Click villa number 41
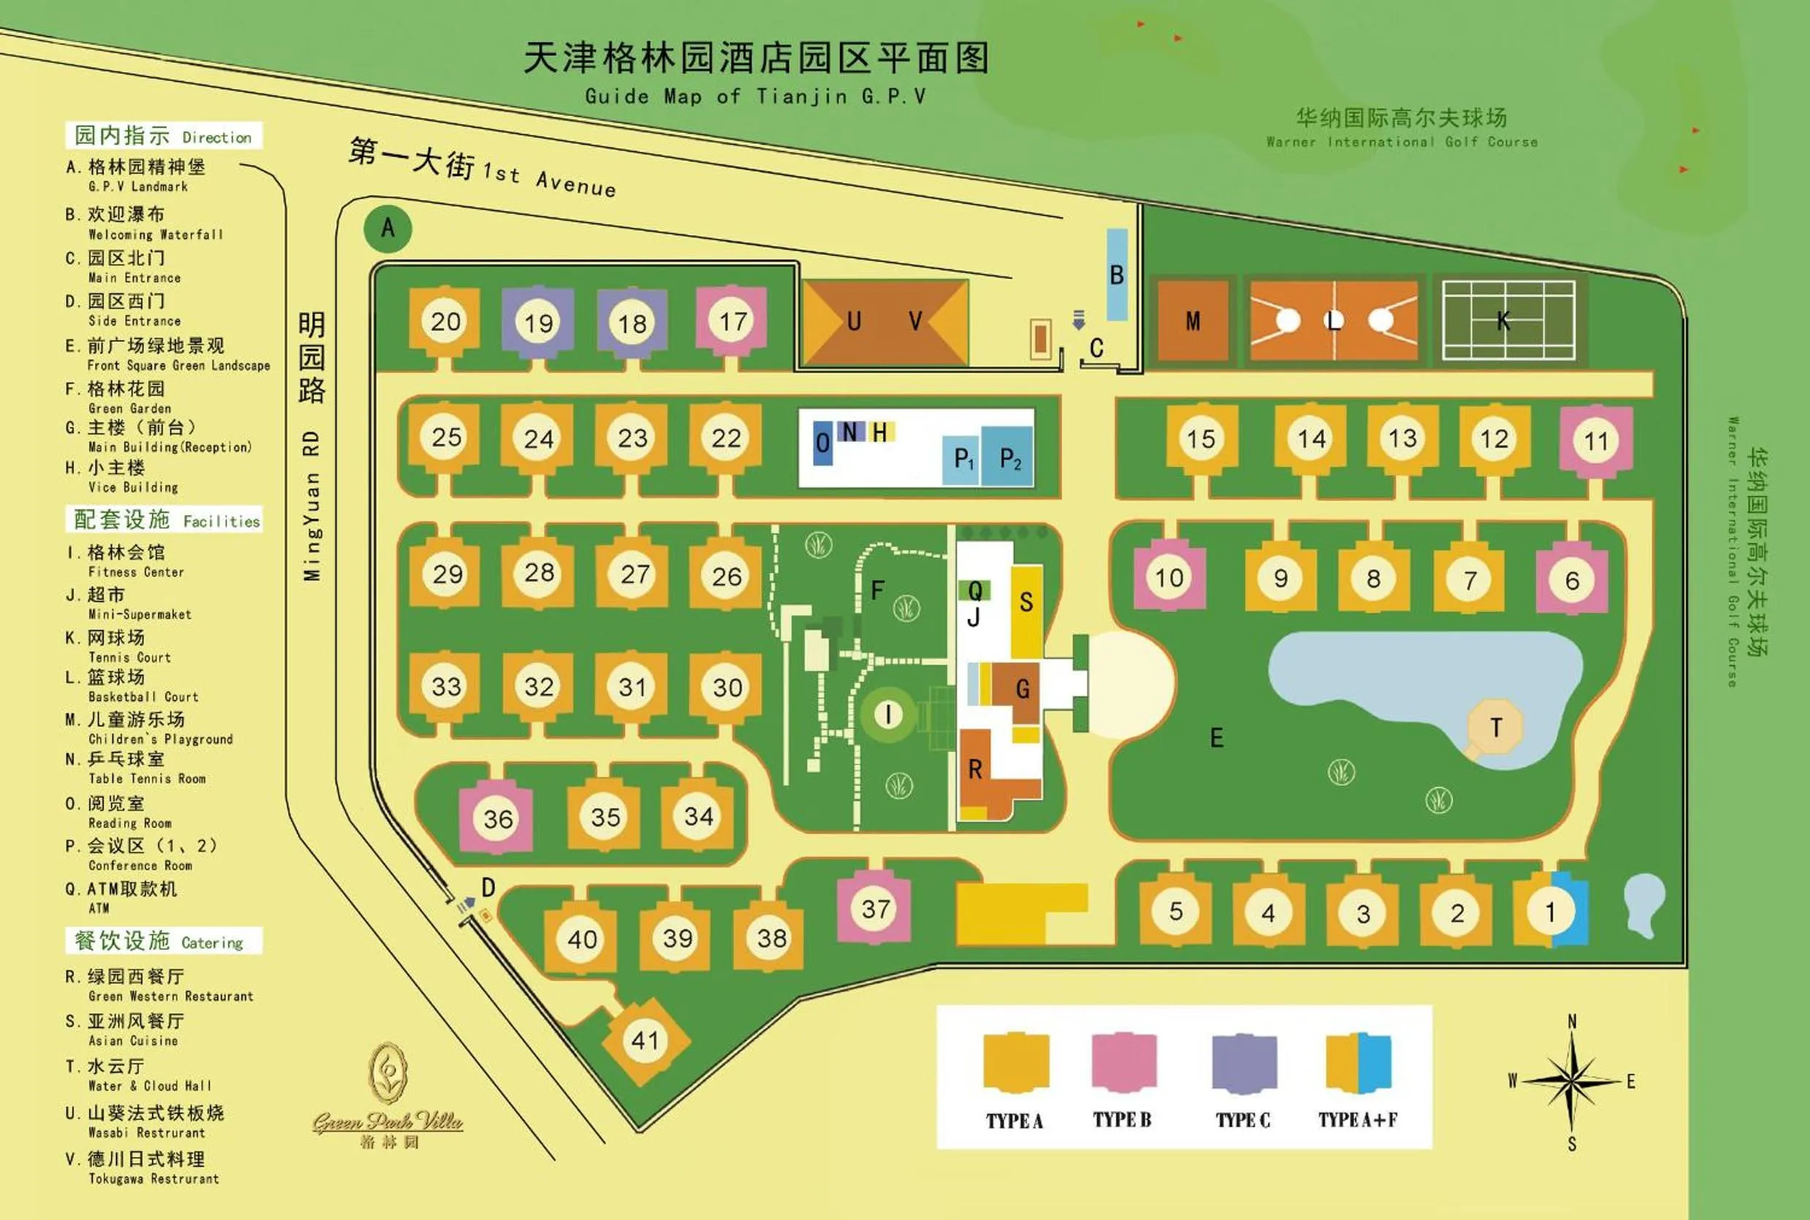(x=645, y=1040)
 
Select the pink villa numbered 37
(x=875, y=909)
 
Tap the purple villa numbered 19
(x=537, y=322)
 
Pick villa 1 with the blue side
(x=1551, y=911)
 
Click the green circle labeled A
(x=388, y=228)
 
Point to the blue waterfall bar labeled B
(x=1116, y=274)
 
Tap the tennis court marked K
(x=1508, y=321)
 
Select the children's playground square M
(x=1193, y=321)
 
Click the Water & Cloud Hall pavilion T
(x=1495, y=727)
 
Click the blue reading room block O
(x=823, y=442)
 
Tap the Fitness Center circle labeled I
(x=888, y=713)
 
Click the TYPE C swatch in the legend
(x=1243, y=1063)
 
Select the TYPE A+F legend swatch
(x=1358, y=1063)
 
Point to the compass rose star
(x=1571, y=1081)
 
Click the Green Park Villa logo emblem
(x=388, y=1074)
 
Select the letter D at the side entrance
(x=488, y=887)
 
